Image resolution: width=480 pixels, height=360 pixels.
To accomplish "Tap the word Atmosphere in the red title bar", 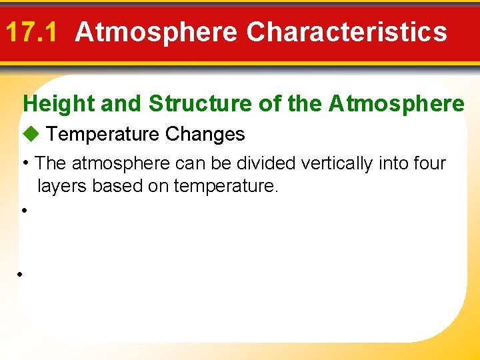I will pos(156,32).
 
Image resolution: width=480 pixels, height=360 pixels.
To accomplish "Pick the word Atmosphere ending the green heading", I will pos(397,104).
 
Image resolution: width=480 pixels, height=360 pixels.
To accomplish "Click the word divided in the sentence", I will pos(264,163).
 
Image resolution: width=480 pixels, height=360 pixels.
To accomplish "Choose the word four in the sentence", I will pos(429,163).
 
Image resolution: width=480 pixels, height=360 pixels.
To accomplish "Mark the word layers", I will pos(62,186).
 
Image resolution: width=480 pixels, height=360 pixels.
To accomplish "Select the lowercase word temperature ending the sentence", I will pos(225,186).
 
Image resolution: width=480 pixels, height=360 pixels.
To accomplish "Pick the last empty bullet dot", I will pos(21,275).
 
